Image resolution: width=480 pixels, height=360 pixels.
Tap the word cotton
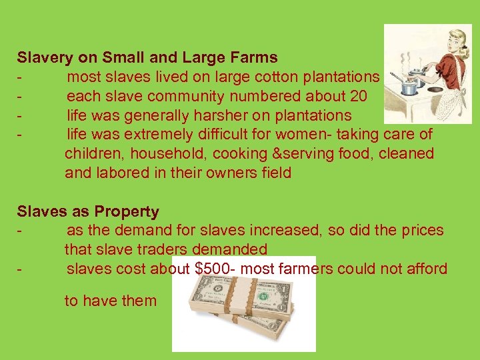(269, 77)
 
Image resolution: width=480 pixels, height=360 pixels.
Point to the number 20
(357, 97)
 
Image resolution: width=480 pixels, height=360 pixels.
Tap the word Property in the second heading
(127, 212)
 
